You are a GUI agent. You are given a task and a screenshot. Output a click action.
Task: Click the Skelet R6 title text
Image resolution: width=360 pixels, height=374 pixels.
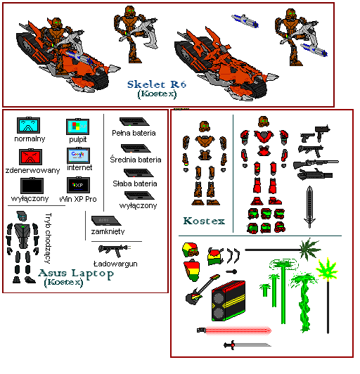[157, 84]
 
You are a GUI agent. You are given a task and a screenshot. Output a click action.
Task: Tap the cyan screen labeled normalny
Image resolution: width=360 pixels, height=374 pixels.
[28, 125]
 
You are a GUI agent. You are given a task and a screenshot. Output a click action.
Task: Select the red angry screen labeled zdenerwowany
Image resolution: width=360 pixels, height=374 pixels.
[30, 157]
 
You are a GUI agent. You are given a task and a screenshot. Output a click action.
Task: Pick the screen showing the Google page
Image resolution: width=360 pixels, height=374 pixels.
[78, 155]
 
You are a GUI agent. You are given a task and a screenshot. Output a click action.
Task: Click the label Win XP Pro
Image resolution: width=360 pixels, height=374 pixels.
[78, 199]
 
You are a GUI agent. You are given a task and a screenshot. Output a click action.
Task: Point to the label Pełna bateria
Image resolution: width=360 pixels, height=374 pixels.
[134, 133]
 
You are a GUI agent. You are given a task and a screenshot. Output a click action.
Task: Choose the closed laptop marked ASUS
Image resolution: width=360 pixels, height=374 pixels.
[106, 221]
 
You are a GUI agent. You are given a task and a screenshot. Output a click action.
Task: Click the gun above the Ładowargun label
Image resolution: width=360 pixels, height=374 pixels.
[115, 250]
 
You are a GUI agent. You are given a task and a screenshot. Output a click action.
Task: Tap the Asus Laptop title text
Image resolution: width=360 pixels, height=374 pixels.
[76, 273]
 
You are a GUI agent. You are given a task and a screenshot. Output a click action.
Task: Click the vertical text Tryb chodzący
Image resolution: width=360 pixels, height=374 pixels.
[48, 238]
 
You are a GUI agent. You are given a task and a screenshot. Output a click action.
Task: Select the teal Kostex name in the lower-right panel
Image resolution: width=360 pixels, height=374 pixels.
[204, 221]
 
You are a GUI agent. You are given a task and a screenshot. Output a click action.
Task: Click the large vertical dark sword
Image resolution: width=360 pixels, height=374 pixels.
[309, 207]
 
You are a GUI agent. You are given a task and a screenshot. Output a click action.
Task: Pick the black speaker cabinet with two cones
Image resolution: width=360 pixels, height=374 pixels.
[229, 301]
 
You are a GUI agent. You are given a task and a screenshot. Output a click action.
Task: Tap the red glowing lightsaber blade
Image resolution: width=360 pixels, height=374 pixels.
[238, 330]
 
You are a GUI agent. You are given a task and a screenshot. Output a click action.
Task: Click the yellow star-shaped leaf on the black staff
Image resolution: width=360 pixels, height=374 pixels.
[328, 269]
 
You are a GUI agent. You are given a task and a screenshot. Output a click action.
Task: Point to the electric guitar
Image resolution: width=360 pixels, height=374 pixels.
[202, 290]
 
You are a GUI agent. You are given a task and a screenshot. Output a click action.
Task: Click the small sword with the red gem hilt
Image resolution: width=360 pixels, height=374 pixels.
[247, 345]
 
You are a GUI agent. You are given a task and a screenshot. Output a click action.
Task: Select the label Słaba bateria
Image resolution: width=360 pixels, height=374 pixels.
[135, 183]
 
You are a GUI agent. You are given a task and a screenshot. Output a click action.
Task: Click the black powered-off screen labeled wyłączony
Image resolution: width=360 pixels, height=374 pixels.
[32, 186]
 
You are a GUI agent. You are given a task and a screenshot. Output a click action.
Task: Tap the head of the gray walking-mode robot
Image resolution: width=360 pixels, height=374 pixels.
[21, 216]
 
